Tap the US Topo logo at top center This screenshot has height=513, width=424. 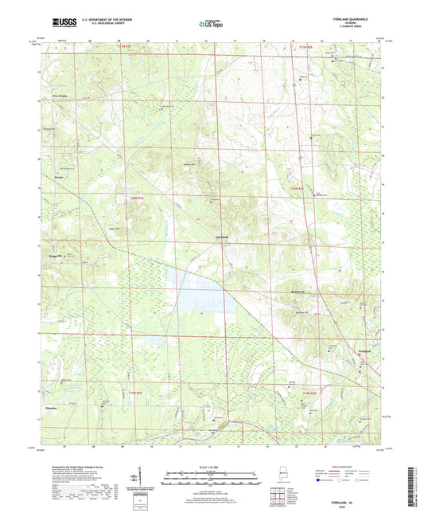click(x=211, y=25)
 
